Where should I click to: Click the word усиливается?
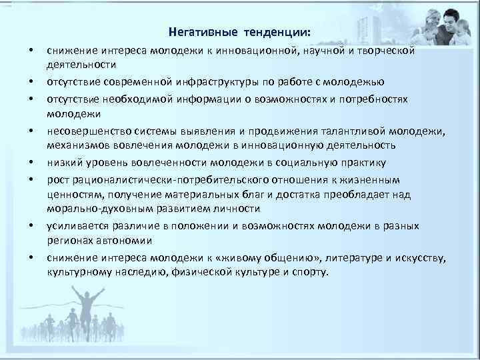pos(73,226)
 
